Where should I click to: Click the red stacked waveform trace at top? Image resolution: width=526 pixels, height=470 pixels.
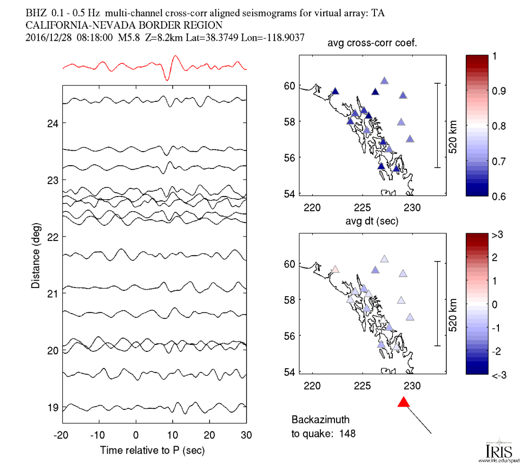pyautogui.click(x=154, y=67)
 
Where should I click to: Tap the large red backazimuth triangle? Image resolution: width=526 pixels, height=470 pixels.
pyautogui.click(x=404, y=402)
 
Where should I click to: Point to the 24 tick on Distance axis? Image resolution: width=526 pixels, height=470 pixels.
pyautogui.click(x=52, y=123)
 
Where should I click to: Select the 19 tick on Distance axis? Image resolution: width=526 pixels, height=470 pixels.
pyautogui.click(x=52, y=407)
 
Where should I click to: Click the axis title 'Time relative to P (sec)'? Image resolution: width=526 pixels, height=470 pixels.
pyautogui.click(x=154, y=450)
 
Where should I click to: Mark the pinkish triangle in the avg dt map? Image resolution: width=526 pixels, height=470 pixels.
pyautogui.click(x=335, y=269)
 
